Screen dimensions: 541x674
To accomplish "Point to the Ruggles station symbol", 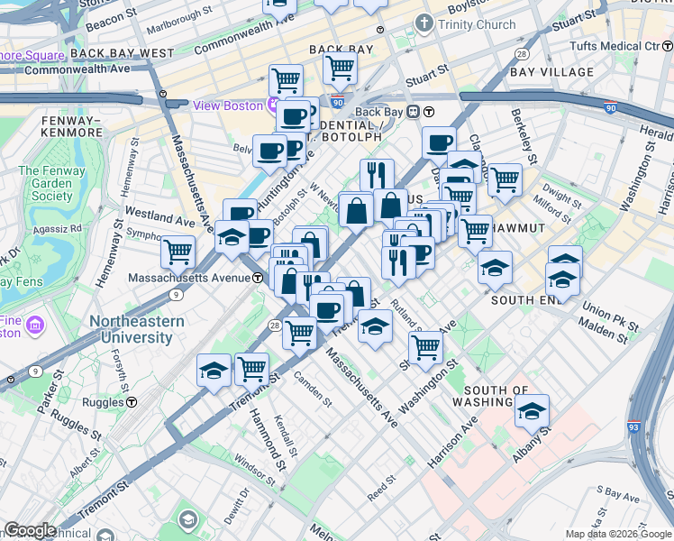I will [x=132, y=402].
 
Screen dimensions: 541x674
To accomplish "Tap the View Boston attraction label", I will [x=229, y=105].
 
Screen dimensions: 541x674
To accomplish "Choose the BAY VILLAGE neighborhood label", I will [x=552, y=72].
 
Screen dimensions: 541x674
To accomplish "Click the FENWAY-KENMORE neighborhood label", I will [x=73, y=126].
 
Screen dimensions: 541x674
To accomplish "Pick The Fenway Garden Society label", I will [x=52, y=184].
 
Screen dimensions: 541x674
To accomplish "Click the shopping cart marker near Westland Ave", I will [x=178, y=252].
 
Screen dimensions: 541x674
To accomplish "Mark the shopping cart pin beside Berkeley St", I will [x=505, y=179].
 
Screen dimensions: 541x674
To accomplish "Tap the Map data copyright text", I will [x=617, y=534].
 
